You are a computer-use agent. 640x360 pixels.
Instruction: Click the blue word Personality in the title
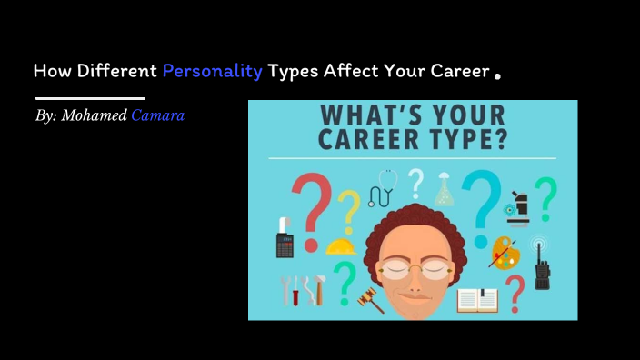(x=213, y=71)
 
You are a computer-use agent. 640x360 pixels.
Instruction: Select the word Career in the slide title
(x=453, y=71)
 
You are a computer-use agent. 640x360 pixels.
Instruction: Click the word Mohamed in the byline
(x=95, y=116)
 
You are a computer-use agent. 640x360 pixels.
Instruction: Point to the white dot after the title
(x=497, y=77)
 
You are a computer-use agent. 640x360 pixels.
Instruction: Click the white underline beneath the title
(x=90, y=97)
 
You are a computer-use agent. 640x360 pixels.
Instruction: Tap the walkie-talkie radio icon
(x=542, y=264)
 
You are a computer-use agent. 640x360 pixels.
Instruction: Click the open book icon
(x=476, y=299)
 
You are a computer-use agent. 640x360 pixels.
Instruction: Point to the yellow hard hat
(x=340, y=245)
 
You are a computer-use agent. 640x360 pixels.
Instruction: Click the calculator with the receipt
(x=285, y=239)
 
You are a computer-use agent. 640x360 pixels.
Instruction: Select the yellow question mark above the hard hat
(x=347, y=209)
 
